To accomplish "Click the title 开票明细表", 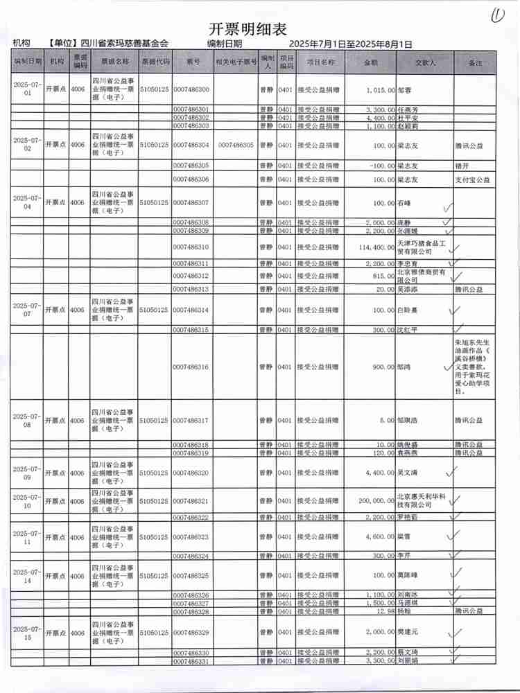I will click(248, 28).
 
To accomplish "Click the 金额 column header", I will click(371, 62).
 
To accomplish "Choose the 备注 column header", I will click(475, 62).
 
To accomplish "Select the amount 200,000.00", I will click(372, 500).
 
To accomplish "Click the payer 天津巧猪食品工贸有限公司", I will click(422, 247).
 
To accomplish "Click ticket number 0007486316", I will click(191, 367).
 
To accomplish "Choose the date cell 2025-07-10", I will click(28, 500).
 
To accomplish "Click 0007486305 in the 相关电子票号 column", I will click(235, 146).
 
